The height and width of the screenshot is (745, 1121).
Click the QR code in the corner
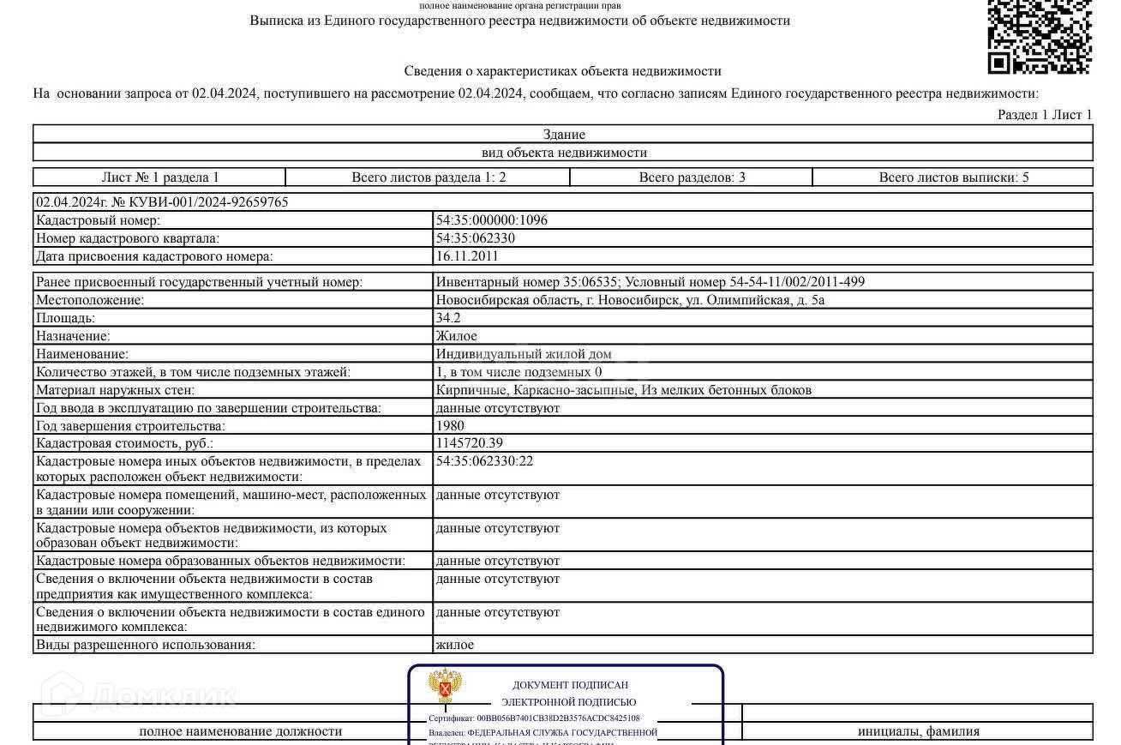[1039, 35]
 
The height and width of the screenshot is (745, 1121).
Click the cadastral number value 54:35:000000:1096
[491, 220]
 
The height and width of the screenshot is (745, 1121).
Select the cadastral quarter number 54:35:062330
[475, 238]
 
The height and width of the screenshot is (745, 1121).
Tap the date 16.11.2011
[466, 256]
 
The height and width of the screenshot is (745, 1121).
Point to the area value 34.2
[448, 318]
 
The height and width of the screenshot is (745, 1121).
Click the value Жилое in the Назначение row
[456, 336]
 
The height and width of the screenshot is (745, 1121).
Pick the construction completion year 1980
[450, 426]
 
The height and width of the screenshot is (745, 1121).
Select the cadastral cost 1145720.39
[469, 444]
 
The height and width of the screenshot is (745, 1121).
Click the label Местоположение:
[90, 300]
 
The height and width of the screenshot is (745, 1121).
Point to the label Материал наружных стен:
[116, 390]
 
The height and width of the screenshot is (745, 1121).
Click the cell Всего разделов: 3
[692, 177]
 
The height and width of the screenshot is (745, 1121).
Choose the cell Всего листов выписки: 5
[953, 177]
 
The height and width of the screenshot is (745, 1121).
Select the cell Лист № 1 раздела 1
[160, 177]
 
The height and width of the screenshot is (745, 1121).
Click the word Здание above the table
[564, 135]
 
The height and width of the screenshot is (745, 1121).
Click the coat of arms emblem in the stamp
[445, 687]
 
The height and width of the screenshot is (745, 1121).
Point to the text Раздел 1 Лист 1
[1045, 115]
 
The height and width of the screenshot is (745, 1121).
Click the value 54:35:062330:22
[484, 461]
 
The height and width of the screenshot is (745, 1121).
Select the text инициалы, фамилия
[918, 731]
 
